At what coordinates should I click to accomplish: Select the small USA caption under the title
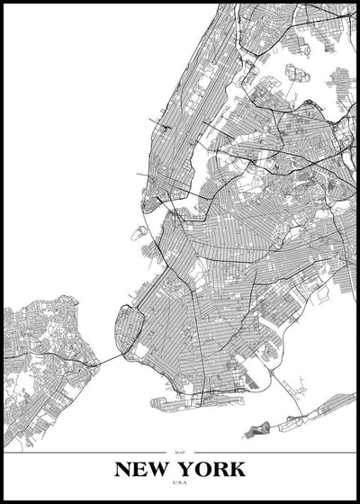coord(180,482)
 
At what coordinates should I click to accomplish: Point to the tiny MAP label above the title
coord(180,451)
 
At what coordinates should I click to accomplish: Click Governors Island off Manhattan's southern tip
coord(139,232)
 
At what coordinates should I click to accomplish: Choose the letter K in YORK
coord(236,469)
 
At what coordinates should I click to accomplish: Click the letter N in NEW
coord(124,469)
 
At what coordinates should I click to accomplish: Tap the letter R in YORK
coord(220,469)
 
